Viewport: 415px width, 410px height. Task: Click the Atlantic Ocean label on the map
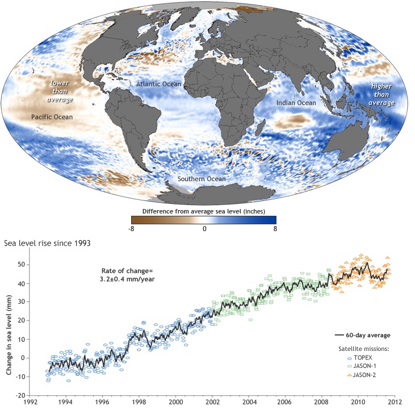[x=158, y=84]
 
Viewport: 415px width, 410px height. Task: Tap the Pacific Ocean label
[x=52, y=117]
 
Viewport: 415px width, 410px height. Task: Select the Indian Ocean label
[x=296, y=103]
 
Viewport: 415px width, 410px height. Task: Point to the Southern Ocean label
[x=202, y=179]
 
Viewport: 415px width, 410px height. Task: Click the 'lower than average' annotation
[x=60, y=91]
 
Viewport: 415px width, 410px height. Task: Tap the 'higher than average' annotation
[x=382, y=94]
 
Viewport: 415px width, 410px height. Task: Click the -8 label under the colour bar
[x=131, y=228]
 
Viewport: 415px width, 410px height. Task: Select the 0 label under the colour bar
[x=204, y=228]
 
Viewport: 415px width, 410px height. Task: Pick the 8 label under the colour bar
[x=275, y=228]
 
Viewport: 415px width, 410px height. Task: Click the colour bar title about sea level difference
[x=204, y=211]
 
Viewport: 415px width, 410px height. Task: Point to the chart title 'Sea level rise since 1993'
[x=47, y=243]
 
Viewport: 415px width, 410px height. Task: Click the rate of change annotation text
[x=127, y=275]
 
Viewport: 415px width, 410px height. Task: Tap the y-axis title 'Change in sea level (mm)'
[x=9, y=334]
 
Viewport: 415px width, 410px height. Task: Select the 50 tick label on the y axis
[x=22, y=265]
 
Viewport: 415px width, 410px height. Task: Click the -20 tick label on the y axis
[x=20, y=395]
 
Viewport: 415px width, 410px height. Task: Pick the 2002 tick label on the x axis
[x=212, y=402]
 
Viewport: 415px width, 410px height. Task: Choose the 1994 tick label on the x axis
[x=65, y=402]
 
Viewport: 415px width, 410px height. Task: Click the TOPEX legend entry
[x=360, y=358]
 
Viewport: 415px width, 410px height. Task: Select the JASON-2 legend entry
[x=362, y=375]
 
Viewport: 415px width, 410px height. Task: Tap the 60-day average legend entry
[x=363, y=336]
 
